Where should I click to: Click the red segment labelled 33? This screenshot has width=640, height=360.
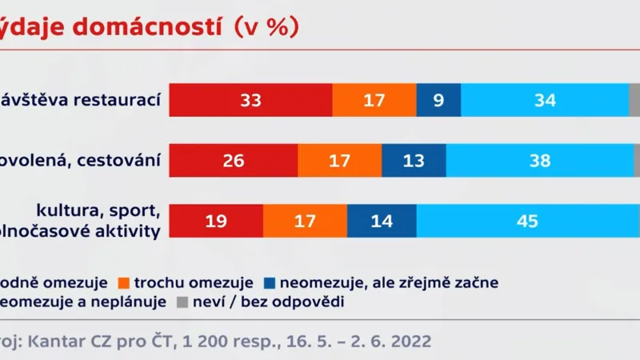coord(251,101)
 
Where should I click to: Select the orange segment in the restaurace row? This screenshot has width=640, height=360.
coord(374,101)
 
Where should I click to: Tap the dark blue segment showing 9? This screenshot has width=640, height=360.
coord(438,101)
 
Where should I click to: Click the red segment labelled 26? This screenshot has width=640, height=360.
coord(234,161)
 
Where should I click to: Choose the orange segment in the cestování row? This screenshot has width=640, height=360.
coord(339,161)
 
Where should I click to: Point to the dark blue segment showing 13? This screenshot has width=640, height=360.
coord(414,161)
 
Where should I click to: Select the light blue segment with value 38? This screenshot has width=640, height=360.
coord(539,161)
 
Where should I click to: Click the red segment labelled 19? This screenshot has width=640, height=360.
coord(216,221)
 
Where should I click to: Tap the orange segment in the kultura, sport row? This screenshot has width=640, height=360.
coord(305,221)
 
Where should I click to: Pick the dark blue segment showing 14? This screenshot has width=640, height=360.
coord(382,221)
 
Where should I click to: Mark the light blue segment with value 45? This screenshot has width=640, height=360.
coord(528,221)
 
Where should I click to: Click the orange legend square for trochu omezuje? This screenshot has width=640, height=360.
coord(123,282)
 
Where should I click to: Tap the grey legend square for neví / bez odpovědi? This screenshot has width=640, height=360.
coord(181,302)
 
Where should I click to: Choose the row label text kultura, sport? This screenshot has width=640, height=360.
coord(99,211)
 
